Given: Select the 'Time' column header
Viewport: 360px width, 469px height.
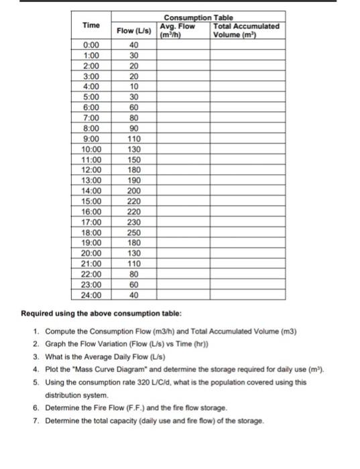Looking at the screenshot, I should (x=91, y=25).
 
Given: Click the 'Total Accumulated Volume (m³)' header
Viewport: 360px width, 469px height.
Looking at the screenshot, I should (x=245, y=31).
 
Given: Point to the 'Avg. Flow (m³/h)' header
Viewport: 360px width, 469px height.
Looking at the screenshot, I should (x=178, y=31).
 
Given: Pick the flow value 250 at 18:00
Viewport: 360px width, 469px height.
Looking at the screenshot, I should (x=134, y=232).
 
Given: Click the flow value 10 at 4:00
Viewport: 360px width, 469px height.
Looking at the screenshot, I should (x=134, y=86).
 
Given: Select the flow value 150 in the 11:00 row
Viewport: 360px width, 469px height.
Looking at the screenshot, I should (x=134, y=159).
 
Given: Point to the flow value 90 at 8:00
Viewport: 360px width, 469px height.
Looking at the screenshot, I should (x=134, y=128).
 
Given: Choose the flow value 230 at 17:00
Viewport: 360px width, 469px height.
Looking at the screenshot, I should (x=134, y=222).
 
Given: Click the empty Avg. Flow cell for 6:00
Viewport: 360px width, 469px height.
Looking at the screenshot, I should (x=183, y=107).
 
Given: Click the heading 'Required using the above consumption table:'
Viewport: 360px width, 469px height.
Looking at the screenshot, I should (x=103, y=313).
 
